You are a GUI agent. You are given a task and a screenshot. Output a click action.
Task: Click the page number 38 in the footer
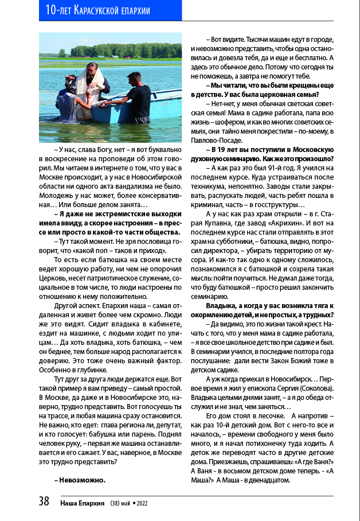pyautogui.click(x=44, y=501)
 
